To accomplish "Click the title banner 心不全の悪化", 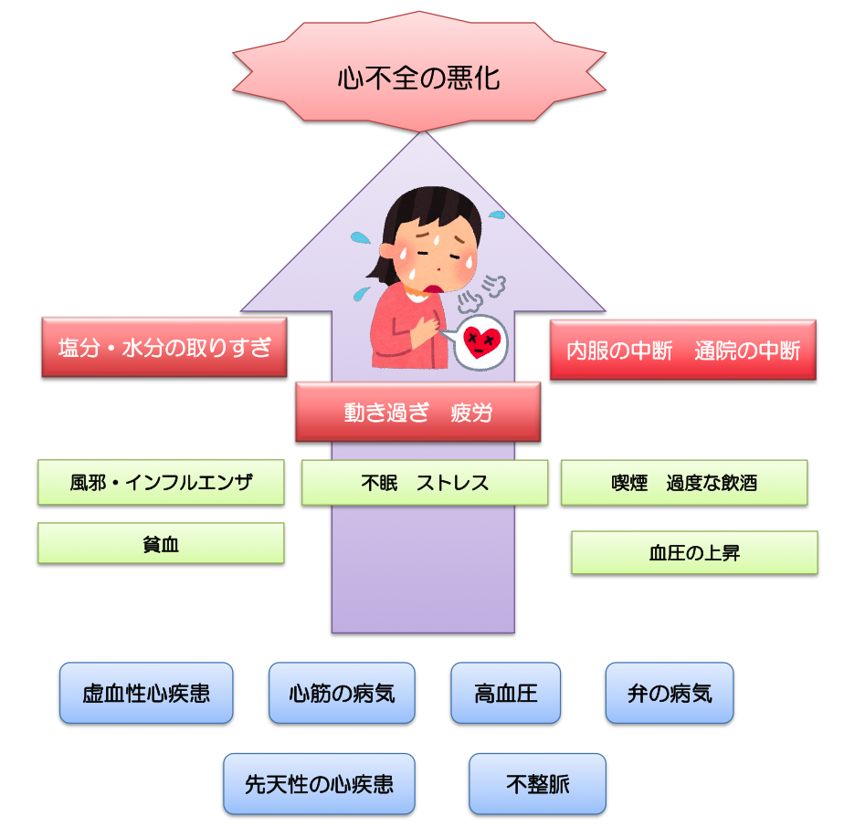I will click(x=419, y=78).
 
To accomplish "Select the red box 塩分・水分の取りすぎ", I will click(x=164, y=347).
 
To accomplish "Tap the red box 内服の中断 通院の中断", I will click(x=682, y=350).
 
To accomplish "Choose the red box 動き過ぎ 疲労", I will click(x=417, y=413).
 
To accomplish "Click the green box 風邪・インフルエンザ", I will click(x=161, y=482).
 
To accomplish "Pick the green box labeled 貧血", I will click(x=161, y=543).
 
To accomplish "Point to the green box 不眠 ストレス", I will click(x=425, y=483).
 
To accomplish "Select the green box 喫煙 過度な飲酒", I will click(x=684, y=483).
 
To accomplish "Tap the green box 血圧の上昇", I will click(x=694, y=553).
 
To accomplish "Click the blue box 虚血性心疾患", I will click(x=146, y=693).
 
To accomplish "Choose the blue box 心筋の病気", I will click(x=342, y=693).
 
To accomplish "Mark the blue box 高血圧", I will click(x=505, y=693).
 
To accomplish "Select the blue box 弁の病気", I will click(x=670, y=693).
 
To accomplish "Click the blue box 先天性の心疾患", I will click(x=319, y=783).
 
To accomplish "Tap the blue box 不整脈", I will click(x=537, y=783).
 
